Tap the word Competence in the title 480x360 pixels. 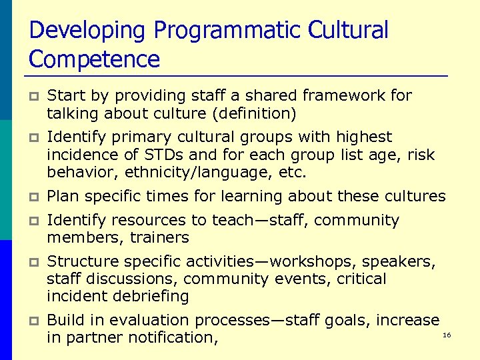[95, 59]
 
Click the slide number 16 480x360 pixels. [447, 335]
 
